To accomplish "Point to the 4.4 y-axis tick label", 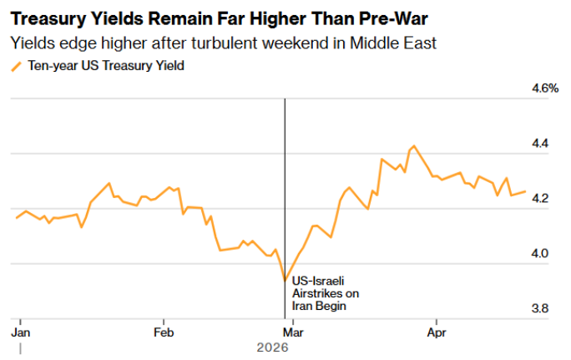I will coord(541,144).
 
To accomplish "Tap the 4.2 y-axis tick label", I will coord(541,199).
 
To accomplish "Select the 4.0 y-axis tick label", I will coord(541,253).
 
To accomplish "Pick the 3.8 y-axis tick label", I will coord(541,308).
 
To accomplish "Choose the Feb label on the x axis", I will coord(164,332).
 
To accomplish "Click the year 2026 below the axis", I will coord(272,347).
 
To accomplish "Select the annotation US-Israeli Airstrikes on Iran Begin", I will coord(325,293).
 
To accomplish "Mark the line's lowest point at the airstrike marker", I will coord(285,281).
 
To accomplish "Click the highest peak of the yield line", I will coord(413,146).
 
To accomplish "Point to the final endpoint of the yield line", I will coord(525,191).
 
